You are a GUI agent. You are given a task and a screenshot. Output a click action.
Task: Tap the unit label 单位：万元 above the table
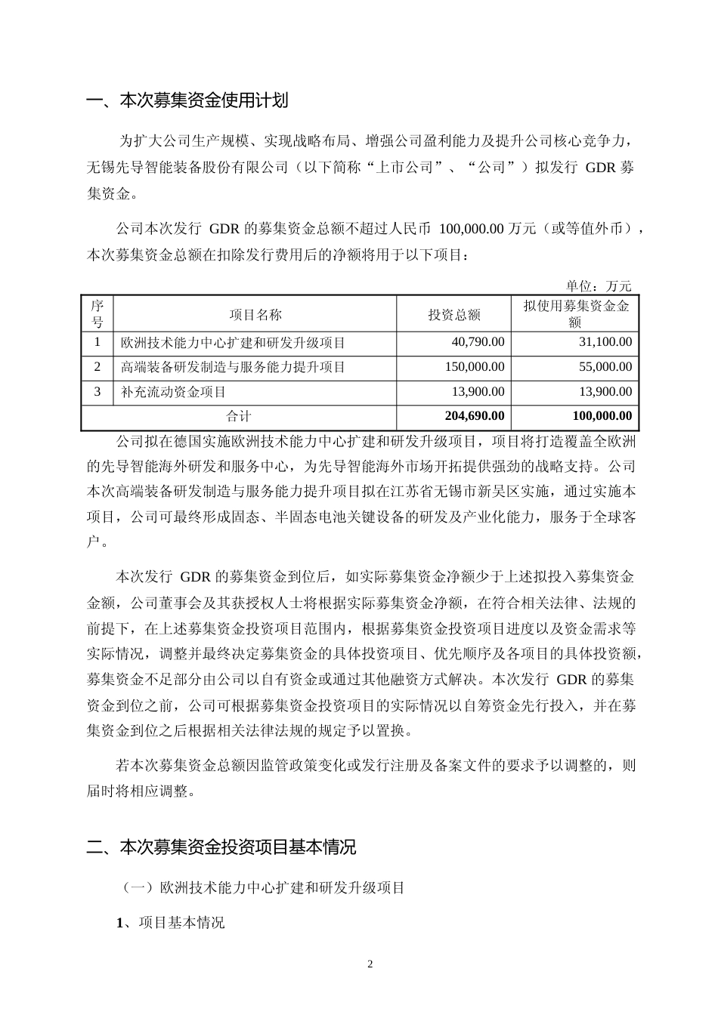[599, 286]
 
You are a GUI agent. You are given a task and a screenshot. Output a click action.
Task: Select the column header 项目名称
[255, 315]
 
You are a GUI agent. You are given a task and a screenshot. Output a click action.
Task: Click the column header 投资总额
[454, 315]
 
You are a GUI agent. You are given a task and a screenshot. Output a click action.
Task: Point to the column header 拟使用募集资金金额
[576, 314]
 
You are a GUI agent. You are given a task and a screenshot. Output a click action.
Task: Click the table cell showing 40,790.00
[478, 342]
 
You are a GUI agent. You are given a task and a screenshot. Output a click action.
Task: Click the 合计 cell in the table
[239, 416]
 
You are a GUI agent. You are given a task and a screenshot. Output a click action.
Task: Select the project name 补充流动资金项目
[173, 392]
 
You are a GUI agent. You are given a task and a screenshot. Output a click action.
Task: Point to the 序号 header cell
[97, 314]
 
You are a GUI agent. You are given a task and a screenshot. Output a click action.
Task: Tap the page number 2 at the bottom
[370, 964]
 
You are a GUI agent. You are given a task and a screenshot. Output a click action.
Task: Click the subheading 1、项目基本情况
[170, 923]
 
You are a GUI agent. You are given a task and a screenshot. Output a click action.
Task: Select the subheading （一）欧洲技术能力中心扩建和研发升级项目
[264, 888]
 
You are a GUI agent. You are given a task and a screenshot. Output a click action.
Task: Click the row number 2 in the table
[97, 367]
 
